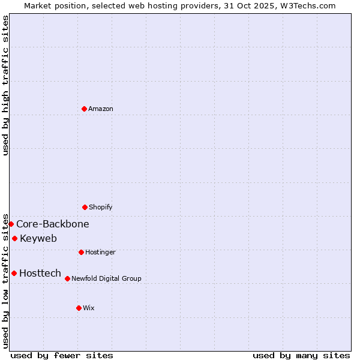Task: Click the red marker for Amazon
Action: [84, 109]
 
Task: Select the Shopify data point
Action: [85, 207]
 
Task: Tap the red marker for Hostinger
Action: [81, 252]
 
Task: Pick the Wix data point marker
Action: [79, 308]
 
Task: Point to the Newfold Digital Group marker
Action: [67, 278]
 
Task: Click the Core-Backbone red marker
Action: [11, 224]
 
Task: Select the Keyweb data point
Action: [14, 238]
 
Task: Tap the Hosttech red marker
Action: [14, 273]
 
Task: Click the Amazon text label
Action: [101, 109]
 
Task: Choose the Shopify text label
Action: [101, 208]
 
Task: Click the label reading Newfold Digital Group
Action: [107, 279]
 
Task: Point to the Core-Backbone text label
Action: [53, 224]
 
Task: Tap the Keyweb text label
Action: [38, 239]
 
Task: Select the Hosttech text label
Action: [40, 274]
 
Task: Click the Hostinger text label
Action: [100, 253]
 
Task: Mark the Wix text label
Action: [89, 308]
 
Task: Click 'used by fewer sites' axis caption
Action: [62, 355]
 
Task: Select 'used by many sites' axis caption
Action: [301, 355]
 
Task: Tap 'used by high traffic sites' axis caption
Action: [5, 85]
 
